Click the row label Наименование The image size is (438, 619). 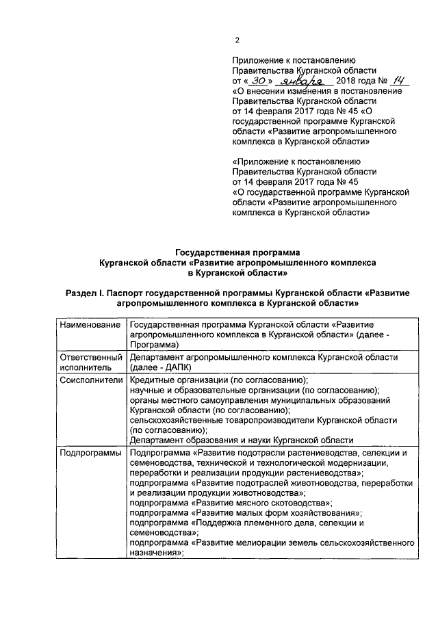(x=90, y=324)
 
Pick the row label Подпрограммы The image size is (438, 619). (x=90, y=453)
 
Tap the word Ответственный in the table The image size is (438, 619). (x=90, y=357)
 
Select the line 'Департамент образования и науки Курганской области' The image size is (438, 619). (x=242, y=440)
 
